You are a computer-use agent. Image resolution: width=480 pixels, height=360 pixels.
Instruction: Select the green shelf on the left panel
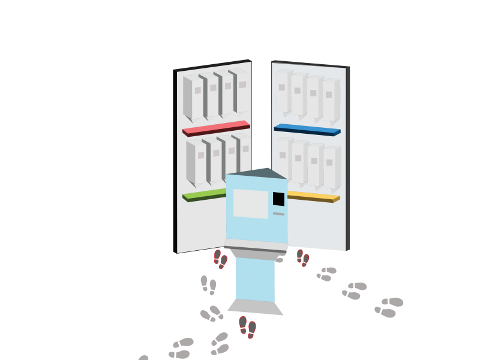(204, 195)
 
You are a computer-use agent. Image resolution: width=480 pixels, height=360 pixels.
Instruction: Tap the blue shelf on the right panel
(307, 130)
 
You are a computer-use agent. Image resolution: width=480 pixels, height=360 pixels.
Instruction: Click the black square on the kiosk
(278, 199)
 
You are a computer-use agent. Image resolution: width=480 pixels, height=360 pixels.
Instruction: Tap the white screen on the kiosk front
(251, 203)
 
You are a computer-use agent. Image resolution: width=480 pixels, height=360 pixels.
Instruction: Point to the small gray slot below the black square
(278, 214)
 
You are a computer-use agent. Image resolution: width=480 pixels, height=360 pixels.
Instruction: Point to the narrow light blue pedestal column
(256, 280)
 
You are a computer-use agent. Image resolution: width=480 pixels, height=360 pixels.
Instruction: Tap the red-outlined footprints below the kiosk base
(247, 326)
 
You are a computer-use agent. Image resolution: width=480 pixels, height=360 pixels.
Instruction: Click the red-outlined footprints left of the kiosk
(220, 259)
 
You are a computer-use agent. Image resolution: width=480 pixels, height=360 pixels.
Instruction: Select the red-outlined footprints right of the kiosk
(303, 257)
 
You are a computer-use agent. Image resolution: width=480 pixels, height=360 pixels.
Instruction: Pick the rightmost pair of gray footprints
(389, 307)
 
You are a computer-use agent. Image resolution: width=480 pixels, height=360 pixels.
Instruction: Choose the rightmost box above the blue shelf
(331, 100)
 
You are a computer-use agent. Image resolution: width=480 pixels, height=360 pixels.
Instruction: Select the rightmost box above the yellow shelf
(331, 167)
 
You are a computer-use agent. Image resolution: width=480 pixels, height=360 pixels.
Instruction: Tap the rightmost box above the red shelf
(240, 90)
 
